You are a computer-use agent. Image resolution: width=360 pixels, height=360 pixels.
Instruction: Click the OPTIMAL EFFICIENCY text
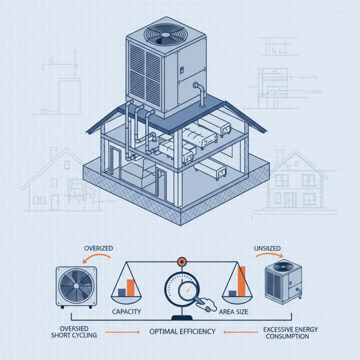tap(182, 332)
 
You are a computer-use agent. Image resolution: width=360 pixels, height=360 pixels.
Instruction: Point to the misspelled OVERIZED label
tap(98, 248)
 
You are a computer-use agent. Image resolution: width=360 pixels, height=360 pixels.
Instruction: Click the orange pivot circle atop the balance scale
tap(181, 261)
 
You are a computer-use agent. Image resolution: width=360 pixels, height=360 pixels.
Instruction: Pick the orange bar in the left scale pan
tap(131, 288)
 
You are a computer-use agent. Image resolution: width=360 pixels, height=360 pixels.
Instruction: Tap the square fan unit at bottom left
tap(76, 286)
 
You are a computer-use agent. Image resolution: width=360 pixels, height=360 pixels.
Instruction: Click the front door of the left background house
tap(55, 201)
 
